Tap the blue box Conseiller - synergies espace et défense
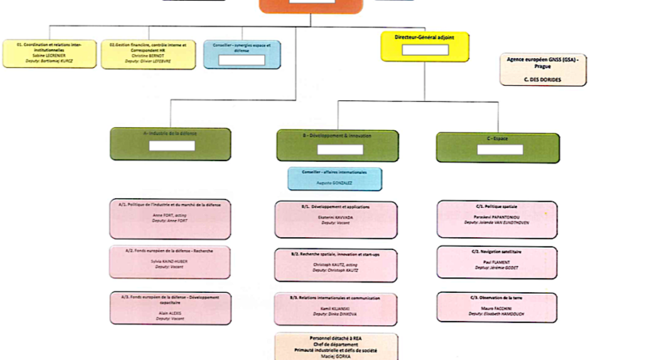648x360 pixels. pyautogui.click(x=243, y=53)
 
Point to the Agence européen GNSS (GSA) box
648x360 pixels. pyautogui.click(x=543, y=69)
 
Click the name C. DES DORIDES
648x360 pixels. pyautogui.click(x=543, y=79)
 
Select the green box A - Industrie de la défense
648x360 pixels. pyautogui.click(x=170, y=143)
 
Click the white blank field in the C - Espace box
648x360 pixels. pyautogui.click(x=497, y=150)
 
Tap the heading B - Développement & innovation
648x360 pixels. pyautogui.click(x=336, y=135)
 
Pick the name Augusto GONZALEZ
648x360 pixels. pyautogui.click(x=335, y=184)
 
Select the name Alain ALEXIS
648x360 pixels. pyautogui.click(x=170, y=313)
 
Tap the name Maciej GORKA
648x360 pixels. pyautogui.click(x=335, y=356)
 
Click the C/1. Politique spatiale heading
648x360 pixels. pyautogui.click(x=497, y=207)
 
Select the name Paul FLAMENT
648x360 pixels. pyautogui.click(x=497, y=260)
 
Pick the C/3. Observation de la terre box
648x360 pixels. pyautogui.click(x=497, y=307)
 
